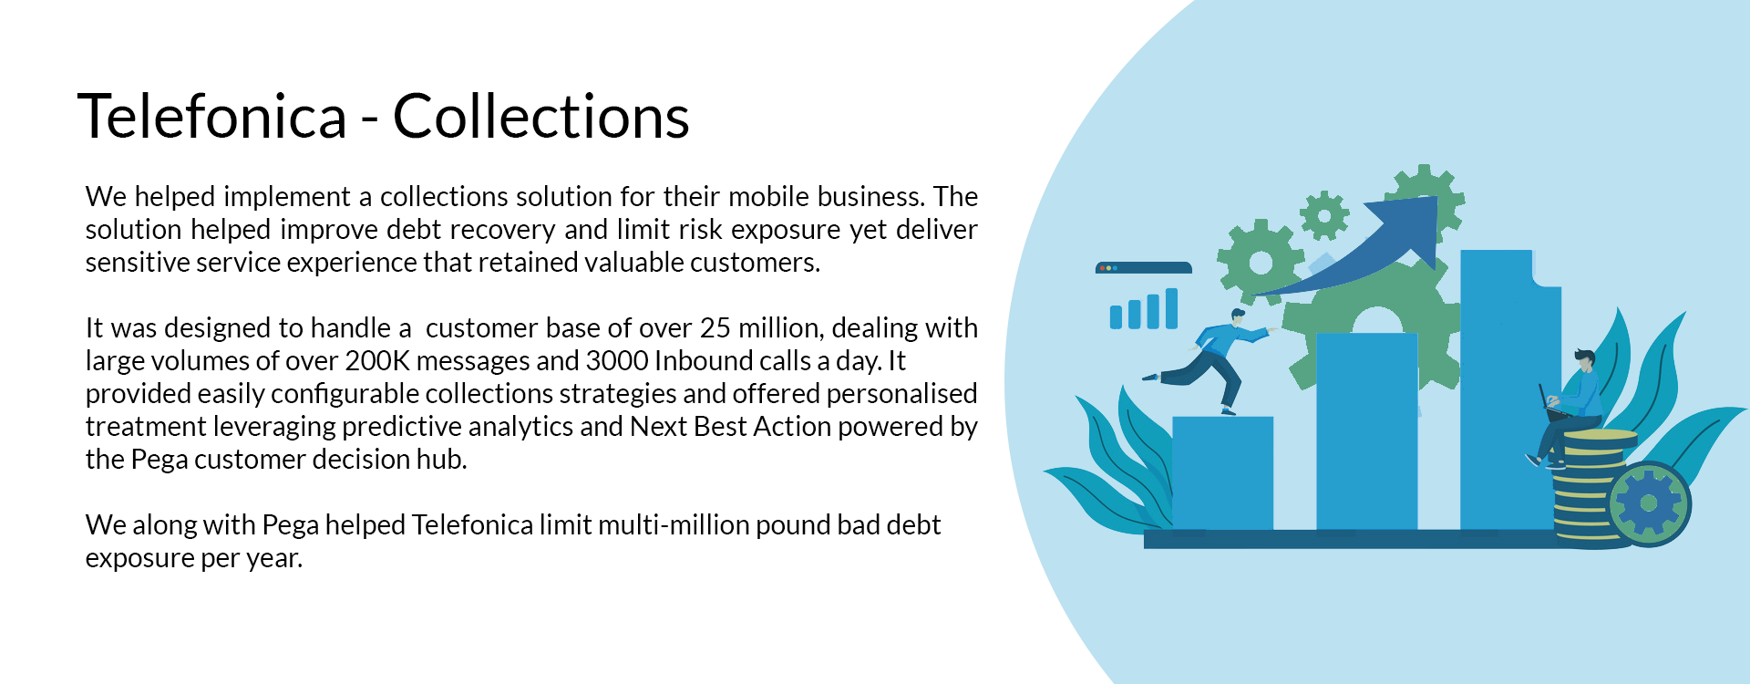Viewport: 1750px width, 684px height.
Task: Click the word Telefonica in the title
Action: pyautogui.click(x=212, y=117)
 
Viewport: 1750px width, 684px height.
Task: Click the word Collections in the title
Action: pyautogui.click(x=540, y=117)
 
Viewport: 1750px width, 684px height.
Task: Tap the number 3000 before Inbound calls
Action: pyautogui.click(x=617, y=361)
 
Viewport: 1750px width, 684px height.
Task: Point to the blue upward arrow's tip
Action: pyautogui.click(x=1436, y=200)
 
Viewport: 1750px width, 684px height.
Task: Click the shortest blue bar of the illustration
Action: pyautogui.click(x=1222, y=472)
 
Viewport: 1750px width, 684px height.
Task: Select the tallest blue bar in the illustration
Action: pyautogui.click(x=1508, y=389)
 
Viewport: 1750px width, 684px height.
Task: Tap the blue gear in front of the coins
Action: pyautogui.click(x=1649, y=503)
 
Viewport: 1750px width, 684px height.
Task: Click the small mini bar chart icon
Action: pyautogui.click(x=1144, y=309)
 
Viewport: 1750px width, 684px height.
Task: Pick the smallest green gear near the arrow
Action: pyautogui.click(x=1324, y=216)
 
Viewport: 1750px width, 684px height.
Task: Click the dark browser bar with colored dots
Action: pyautogui.click(x=1144, y=268)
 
